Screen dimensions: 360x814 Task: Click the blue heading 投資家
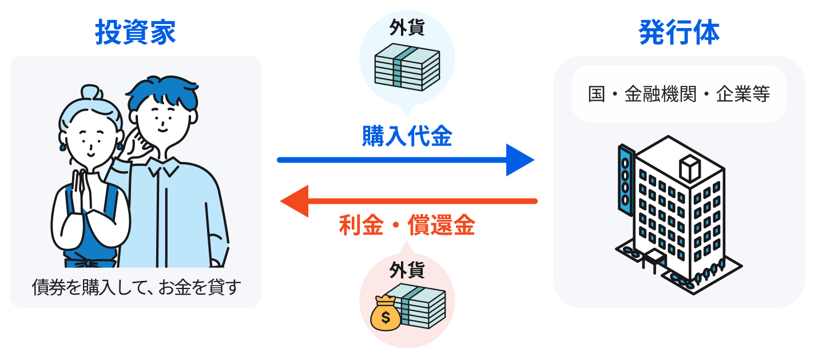tap(136, 33)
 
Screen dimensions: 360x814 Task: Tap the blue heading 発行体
tap(679, 33)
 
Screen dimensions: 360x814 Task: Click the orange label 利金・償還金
tap(407, 226)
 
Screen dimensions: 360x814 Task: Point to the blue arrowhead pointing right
tap(519, 160)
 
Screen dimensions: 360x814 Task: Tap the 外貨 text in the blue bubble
tap(407, 29)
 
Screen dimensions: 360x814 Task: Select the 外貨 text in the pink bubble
tap(407, 268)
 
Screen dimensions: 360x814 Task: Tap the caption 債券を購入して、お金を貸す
tap(135, 288)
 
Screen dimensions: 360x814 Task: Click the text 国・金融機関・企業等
tap(679, 94)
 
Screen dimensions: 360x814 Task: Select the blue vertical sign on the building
tap(625, 177)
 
